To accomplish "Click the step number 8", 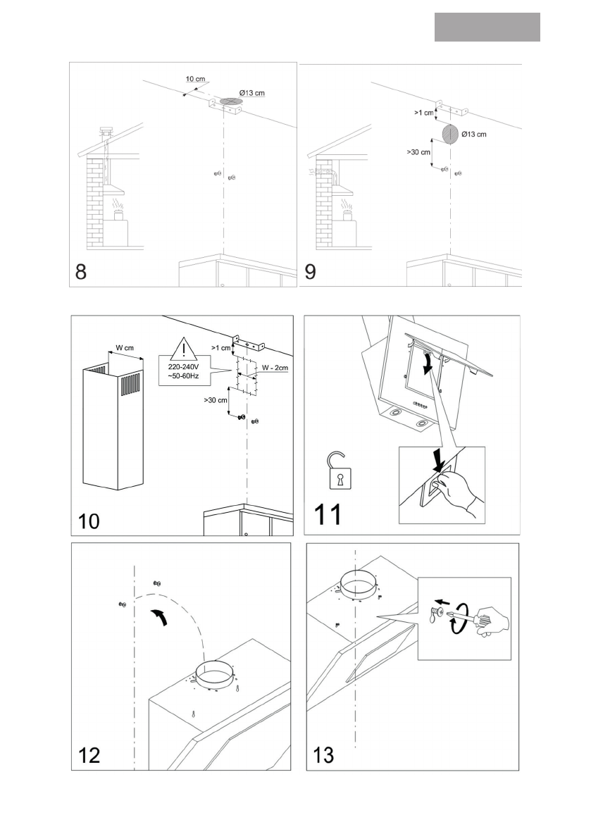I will (82, 272).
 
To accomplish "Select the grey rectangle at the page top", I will (487, 27).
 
